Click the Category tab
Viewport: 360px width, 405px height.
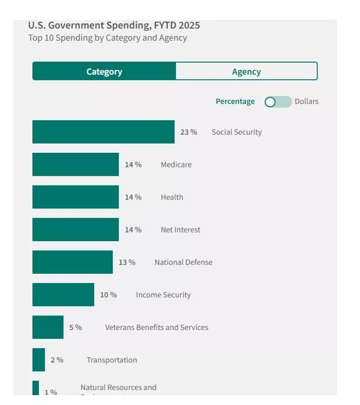[x=104, y=71]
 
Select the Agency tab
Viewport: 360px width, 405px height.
[x=246, y=71]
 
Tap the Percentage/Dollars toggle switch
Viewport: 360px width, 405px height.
[x=278, y=102]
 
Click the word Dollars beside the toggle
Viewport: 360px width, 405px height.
[x=307, y=101]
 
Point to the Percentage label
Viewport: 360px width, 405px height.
[x=235, y=101]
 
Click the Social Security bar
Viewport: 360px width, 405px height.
[x=103, y=132]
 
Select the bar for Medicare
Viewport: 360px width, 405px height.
[x=75, y=164]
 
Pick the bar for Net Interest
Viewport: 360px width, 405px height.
[x=75, y=230]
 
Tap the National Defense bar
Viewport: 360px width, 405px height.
[x=73, y=262]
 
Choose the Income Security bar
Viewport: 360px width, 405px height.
[x=63, y=295]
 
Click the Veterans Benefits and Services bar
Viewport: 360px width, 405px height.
[x=48, y=327]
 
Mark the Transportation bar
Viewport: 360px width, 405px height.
[x=38, y=360]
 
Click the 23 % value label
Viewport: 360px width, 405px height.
[x=189, y=132]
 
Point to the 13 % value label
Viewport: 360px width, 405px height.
[x=127, y=262]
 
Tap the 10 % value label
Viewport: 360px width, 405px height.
[x=109, y=295]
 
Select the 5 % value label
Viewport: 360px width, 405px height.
[x=75, y=327]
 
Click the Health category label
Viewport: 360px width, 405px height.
[x=172, y=197]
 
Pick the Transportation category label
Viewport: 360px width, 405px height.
[x=112, y=360]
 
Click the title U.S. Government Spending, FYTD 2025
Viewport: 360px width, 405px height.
[x=114, y=25]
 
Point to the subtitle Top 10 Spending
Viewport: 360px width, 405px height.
[x=108, y=38]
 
